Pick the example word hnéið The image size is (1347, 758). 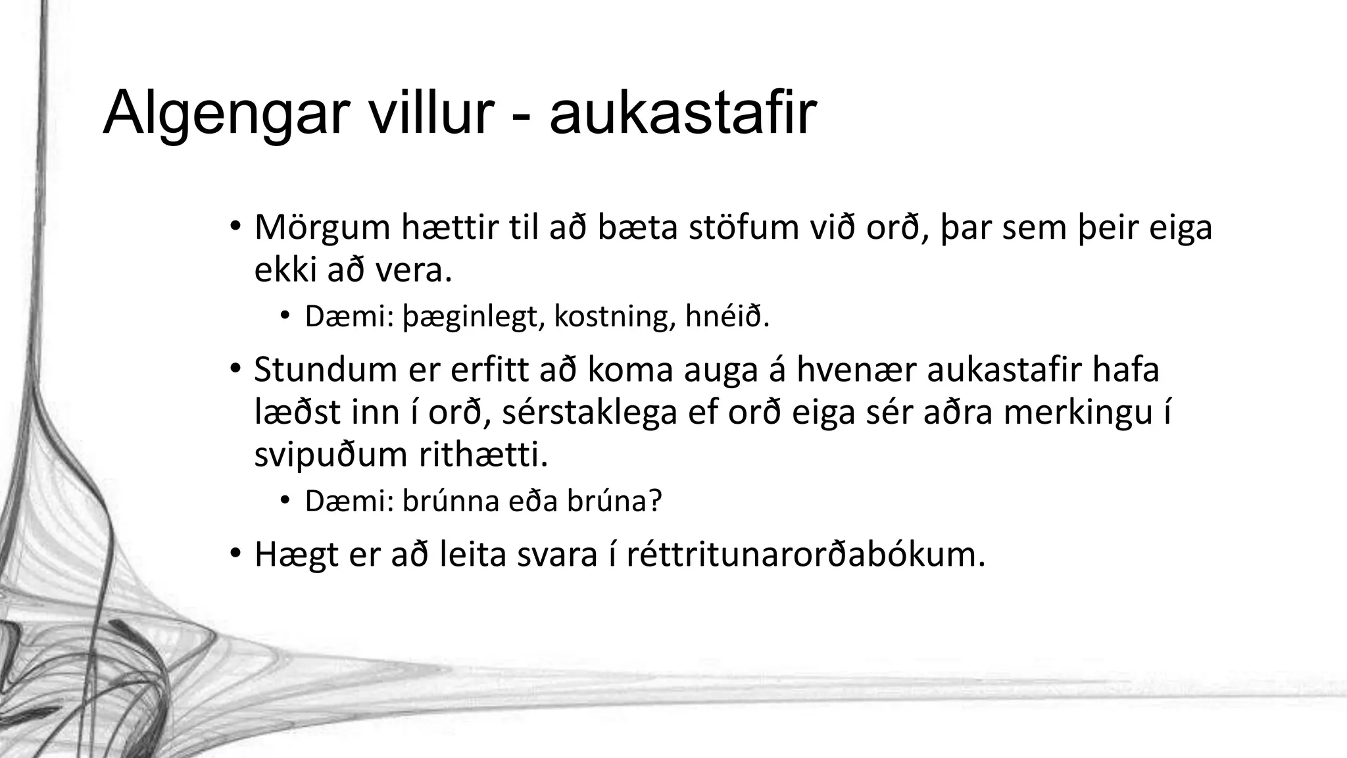pyautogui.click(x=727, y=317)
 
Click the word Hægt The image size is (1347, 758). pyautogui.click(x=295, y=555)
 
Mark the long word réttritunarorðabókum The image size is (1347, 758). pyautogui.click(x=806, y=554)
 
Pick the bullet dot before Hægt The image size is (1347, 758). pyautogui.click(x=235, y=554)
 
